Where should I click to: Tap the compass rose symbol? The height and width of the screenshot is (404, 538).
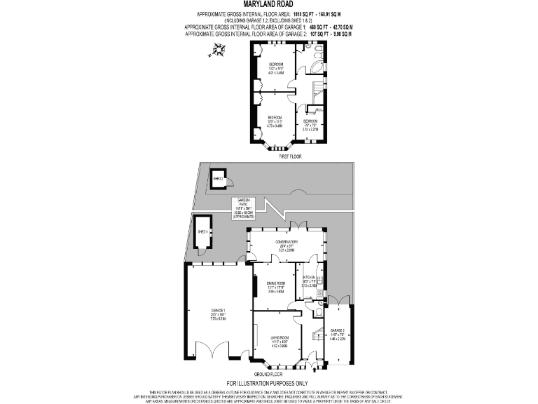point(219,49)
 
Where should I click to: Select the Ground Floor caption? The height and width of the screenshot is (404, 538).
point(287,375)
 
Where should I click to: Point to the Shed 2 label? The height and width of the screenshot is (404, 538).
point(218,179)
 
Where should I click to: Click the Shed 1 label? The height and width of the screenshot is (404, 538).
point(203,231)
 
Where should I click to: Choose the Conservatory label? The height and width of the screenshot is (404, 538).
point(287,246)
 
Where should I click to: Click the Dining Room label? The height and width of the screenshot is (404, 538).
point(275,285)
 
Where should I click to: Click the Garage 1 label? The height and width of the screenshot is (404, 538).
point(219,316)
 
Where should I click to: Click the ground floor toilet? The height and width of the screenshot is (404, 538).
point(318,311)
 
